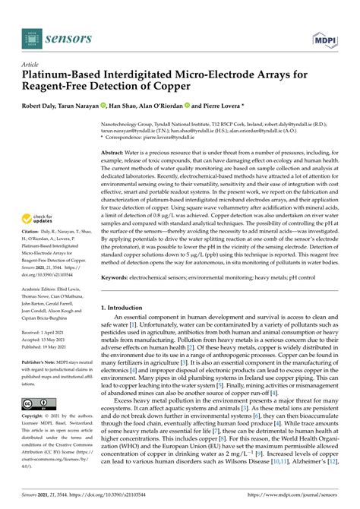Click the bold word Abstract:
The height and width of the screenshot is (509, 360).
point(115,153)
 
